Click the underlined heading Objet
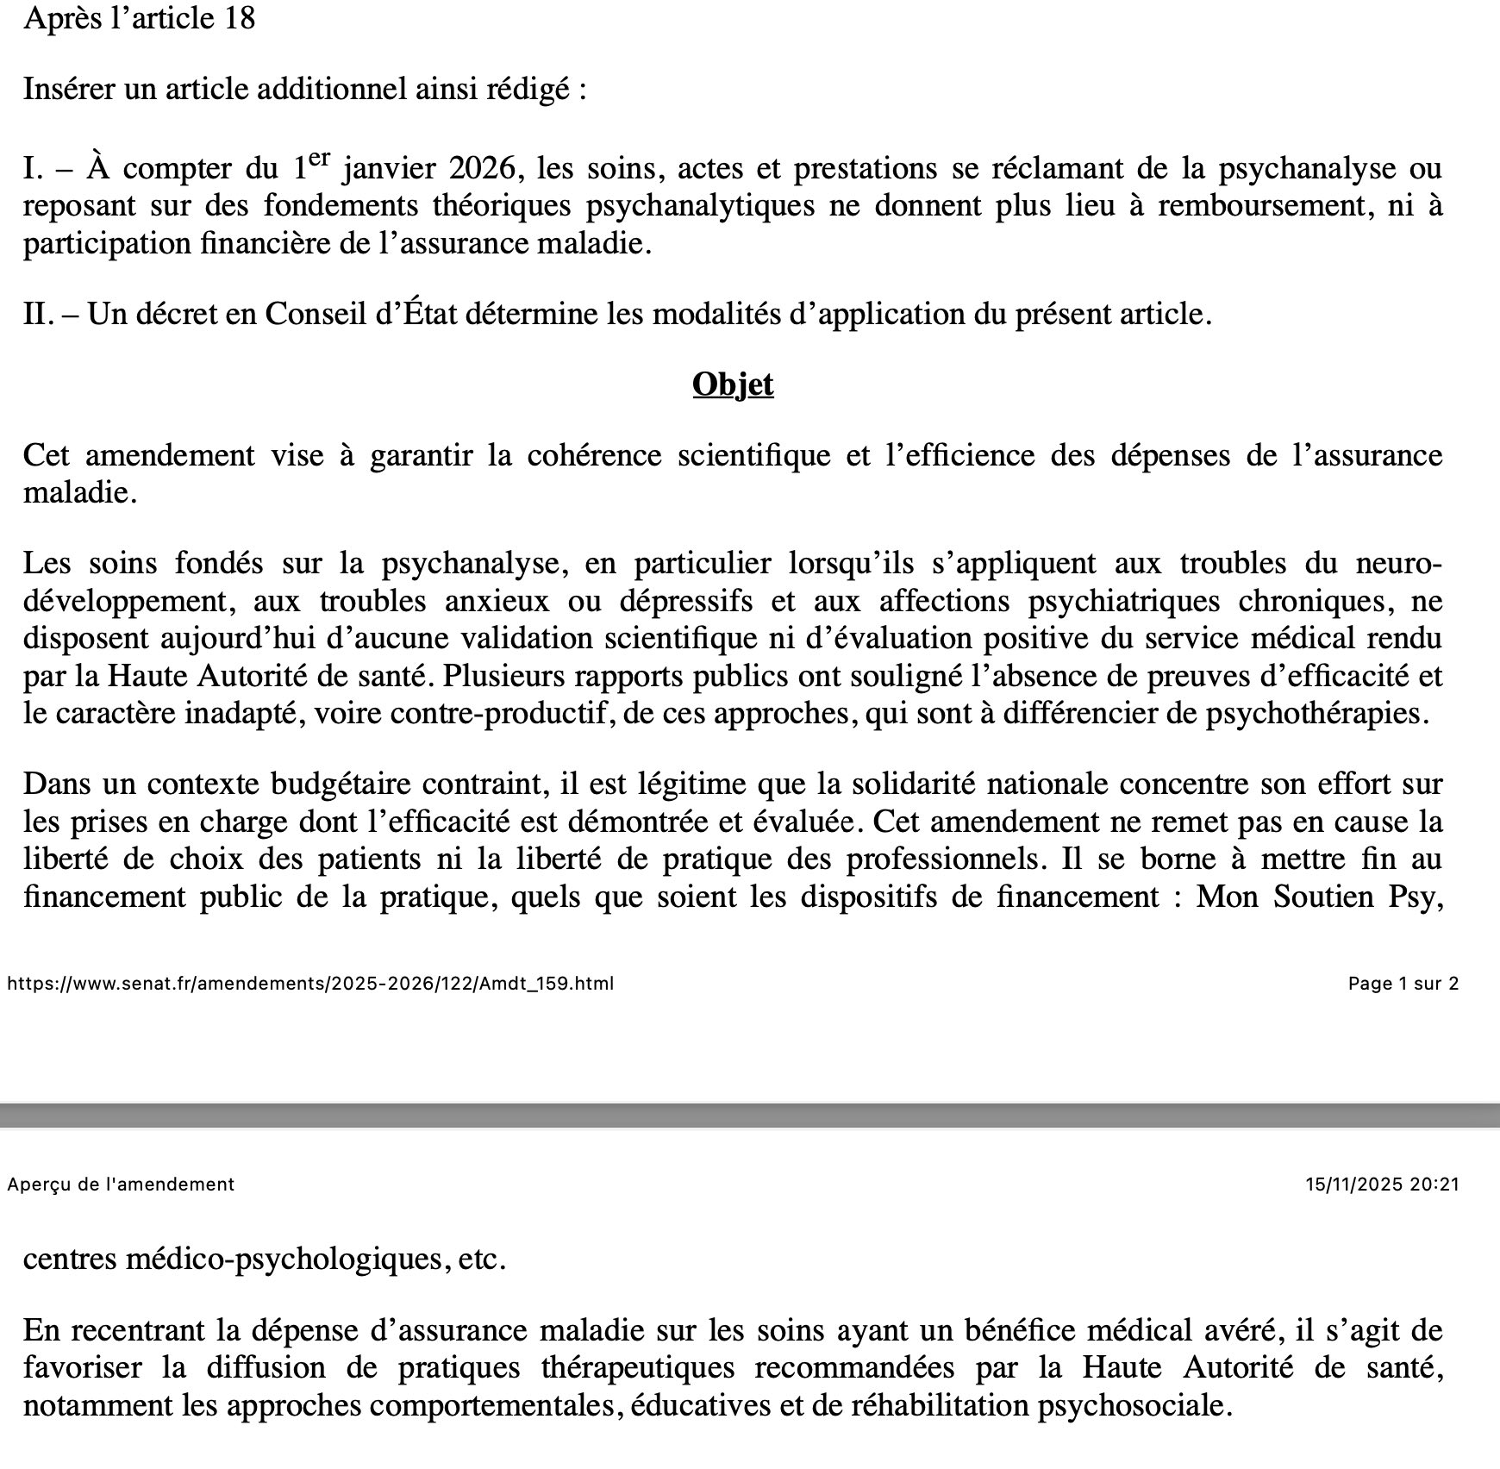click(733, 384)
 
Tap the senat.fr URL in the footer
click(310, 984)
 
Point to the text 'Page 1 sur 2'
click(1403, 984)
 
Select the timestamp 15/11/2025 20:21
click(1382, 1185)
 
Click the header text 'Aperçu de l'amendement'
click(121, 1185)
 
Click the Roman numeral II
click(39, 314)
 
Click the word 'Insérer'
click(68, 89)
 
